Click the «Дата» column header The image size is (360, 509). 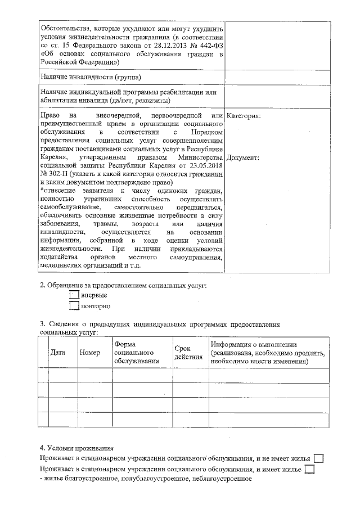57,353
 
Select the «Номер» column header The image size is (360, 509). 90,353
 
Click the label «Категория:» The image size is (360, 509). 243,116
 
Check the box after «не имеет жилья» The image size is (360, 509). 318,459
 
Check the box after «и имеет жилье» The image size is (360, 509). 309,469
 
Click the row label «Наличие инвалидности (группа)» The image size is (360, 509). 91,76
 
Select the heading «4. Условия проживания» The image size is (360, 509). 76,448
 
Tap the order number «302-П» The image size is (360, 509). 55,175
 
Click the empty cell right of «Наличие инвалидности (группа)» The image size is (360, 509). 277,76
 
